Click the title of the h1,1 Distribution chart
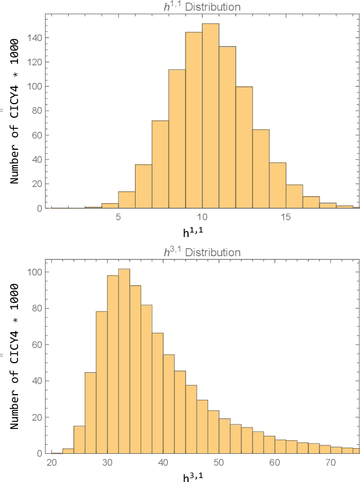click(x=202, y=7)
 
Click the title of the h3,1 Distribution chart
click(x=202, y=253)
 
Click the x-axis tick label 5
click(x=118, y=217)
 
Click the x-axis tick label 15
click(x=286, y=217)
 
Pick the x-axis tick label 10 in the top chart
click(x=202, y=217)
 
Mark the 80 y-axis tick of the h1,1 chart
click(x=35, y=111)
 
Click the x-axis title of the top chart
click(x=202, y=231)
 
